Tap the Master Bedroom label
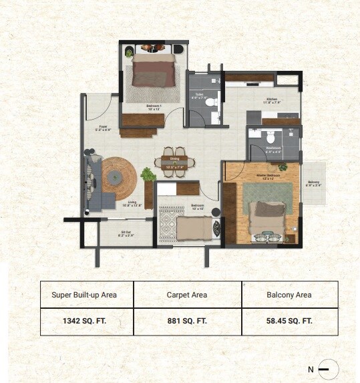(256, 178)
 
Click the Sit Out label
(126, 235)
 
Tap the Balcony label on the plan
(314, 184)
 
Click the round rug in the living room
(118, 177)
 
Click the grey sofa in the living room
(93, 183)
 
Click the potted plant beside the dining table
(148, 174)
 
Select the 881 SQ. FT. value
(188, 321)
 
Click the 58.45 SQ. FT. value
(290, 321)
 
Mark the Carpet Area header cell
(188, 294)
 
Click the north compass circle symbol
(328, 369)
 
